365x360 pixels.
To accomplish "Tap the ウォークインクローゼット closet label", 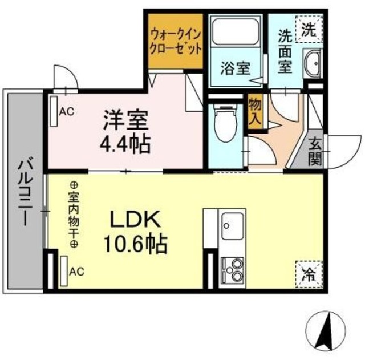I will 176,41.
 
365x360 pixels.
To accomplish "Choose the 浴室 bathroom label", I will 234,68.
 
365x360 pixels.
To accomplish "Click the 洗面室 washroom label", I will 285,51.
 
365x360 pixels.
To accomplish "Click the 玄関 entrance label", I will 315,151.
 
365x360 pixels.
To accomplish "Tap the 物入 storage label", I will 255,112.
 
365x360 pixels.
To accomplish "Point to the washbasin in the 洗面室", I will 313,63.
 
